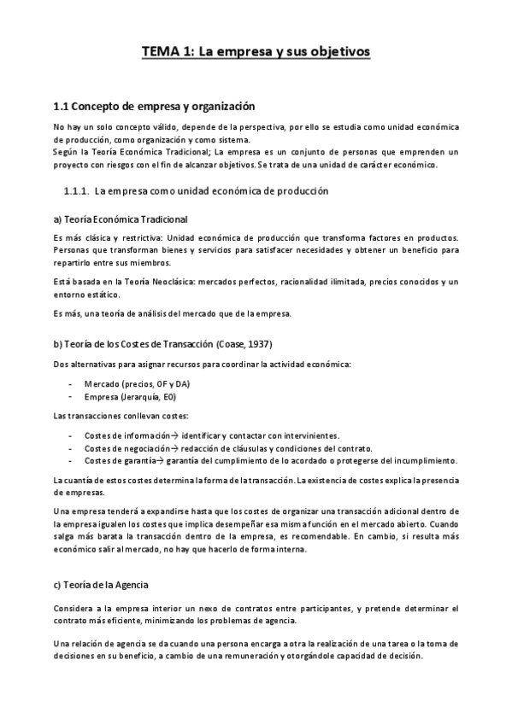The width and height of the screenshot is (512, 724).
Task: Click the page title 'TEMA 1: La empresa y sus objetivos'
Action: [256, 52]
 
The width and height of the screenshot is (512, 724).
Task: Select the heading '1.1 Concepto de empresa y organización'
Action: [154, 107]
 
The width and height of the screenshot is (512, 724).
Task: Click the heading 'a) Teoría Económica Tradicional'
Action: [120, 219]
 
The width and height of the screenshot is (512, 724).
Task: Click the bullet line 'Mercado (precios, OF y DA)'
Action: [137, 384]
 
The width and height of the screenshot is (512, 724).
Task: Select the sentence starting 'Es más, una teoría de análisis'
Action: [172, 313]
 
